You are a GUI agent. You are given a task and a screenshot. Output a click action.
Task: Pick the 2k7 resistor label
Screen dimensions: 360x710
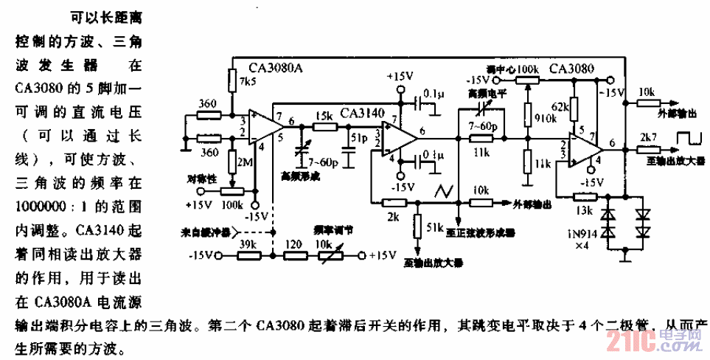point(648,138)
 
